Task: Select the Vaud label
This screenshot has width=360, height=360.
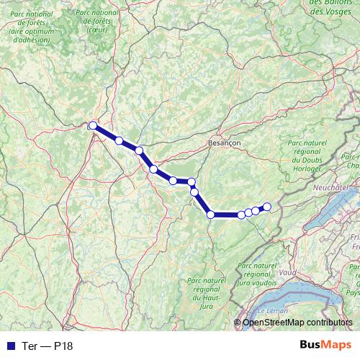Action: pos(287,274)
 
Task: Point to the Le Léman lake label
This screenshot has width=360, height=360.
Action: pos(272,310)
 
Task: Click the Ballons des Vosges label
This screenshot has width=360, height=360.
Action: pos(334,7)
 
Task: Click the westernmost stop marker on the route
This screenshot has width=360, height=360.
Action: pos(93,126)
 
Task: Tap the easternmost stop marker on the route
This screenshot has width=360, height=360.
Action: pos(266,207)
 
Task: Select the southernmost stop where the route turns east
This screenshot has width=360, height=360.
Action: pos(211,215)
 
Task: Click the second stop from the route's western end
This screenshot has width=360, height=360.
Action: pos(119,140)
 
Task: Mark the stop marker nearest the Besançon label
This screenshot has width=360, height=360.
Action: pos(192,181)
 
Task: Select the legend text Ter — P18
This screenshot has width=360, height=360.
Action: pos(48,346)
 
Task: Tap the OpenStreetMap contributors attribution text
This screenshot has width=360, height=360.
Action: pos(297,323)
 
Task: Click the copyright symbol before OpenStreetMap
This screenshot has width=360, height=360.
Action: pos(238,323)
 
